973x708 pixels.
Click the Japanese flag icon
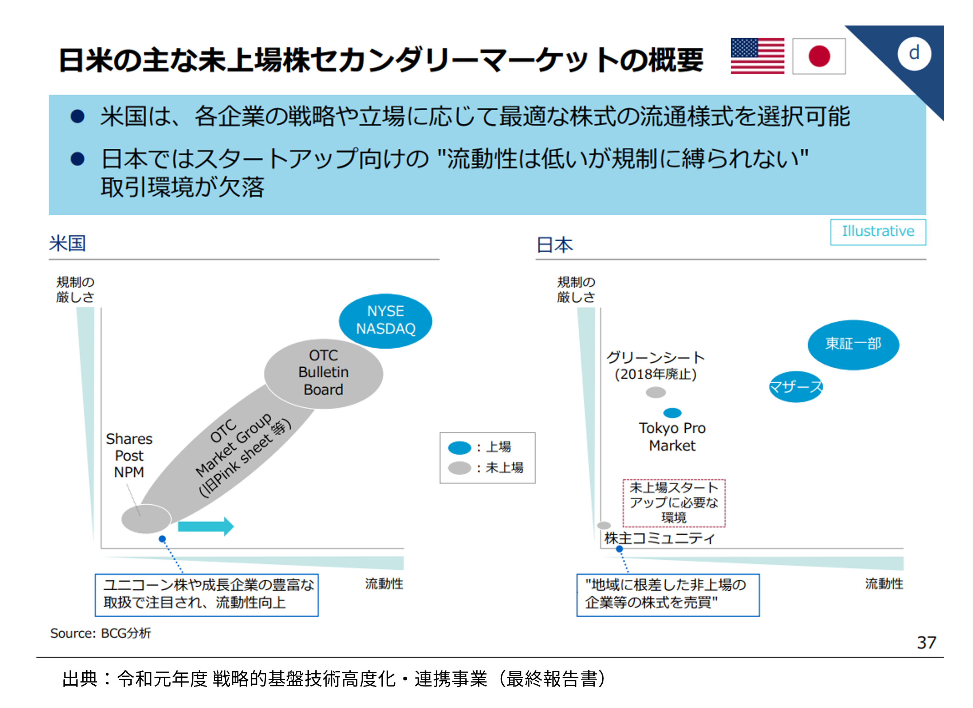click(819, 56)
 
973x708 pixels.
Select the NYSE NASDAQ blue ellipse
click(385, 320)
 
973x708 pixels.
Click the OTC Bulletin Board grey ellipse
click(323, 373)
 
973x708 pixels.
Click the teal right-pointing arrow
click(205, 526)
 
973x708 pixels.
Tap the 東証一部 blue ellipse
click(853, 344)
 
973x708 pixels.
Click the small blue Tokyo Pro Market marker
click(672, 413)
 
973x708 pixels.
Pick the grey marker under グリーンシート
click(655, 392)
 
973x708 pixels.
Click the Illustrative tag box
click(878, 232)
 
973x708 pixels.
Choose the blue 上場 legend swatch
click(460, 447)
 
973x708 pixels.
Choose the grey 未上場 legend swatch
click(460, 468)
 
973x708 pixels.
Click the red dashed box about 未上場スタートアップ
click(674, 503)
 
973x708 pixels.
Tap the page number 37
click(926, 643)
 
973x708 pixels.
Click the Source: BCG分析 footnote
click(101, 633)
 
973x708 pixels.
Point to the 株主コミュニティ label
click(659, 539)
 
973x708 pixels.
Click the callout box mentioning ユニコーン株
click(206, 595)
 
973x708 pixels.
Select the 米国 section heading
click(67, 243)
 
